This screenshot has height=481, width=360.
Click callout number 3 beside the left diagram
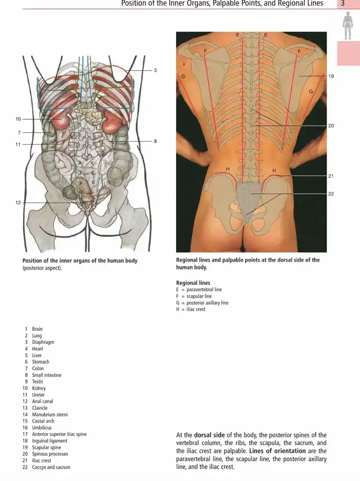[155, 70]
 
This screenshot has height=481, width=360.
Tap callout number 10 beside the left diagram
[18, 119]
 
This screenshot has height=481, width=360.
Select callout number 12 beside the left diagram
[18, 203]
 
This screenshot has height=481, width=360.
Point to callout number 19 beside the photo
[331, 76]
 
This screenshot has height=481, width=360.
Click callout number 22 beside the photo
[331, 194]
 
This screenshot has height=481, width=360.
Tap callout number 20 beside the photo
[331, 126]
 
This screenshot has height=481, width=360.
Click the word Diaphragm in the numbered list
[43, 342]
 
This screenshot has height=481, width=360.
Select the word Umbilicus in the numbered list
[42, 428]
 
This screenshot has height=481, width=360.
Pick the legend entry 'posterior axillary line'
[208, 303]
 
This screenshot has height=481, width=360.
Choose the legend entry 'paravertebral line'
[204, 290]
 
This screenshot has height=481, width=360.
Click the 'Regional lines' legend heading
[193, 283]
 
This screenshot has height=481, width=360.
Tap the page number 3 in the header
[343, 3]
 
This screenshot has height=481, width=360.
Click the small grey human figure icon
[347, 26]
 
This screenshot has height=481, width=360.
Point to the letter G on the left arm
[183, 77]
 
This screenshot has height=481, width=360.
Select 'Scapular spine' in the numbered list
[46, 447]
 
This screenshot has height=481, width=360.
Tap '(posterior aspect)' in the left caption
[42, 268]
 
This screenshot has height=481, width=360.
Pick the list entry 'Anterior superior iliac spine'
[59, 434]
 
